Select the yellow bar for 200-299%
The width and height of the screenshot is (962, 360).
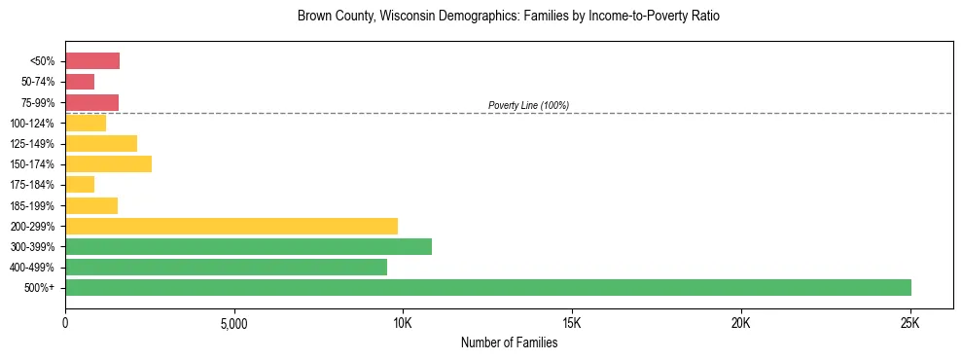click(x=232, y=226)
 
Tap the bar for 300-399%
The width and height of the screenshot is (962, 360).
click(x=248, y=246)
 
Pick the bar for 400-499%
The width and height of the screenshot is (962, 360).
click(x=226, y=267)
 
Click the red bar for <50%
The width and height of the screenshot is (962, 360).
click(x=92, y=60)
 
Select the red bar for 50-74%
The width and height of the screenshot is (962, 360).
click(x=80, y=82)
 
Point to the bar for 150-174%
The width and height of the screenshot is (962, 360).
click(x=108, y=163)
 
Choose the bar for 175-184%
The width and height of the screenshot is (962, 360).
click(x=80, y=184)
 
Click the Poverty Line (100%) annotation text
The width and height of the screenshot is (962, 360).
click(x=528, y=105)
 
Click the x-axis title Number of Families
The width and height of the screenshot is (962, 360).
click(x=509, y=342)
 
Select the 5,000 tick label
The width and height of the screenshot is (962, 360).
click(x=233, y=322)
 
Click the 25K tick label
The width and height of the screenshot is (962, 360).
click(x=909, y=322)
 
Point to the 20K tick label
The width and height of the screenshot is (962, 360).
click(x=741, y=322)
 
